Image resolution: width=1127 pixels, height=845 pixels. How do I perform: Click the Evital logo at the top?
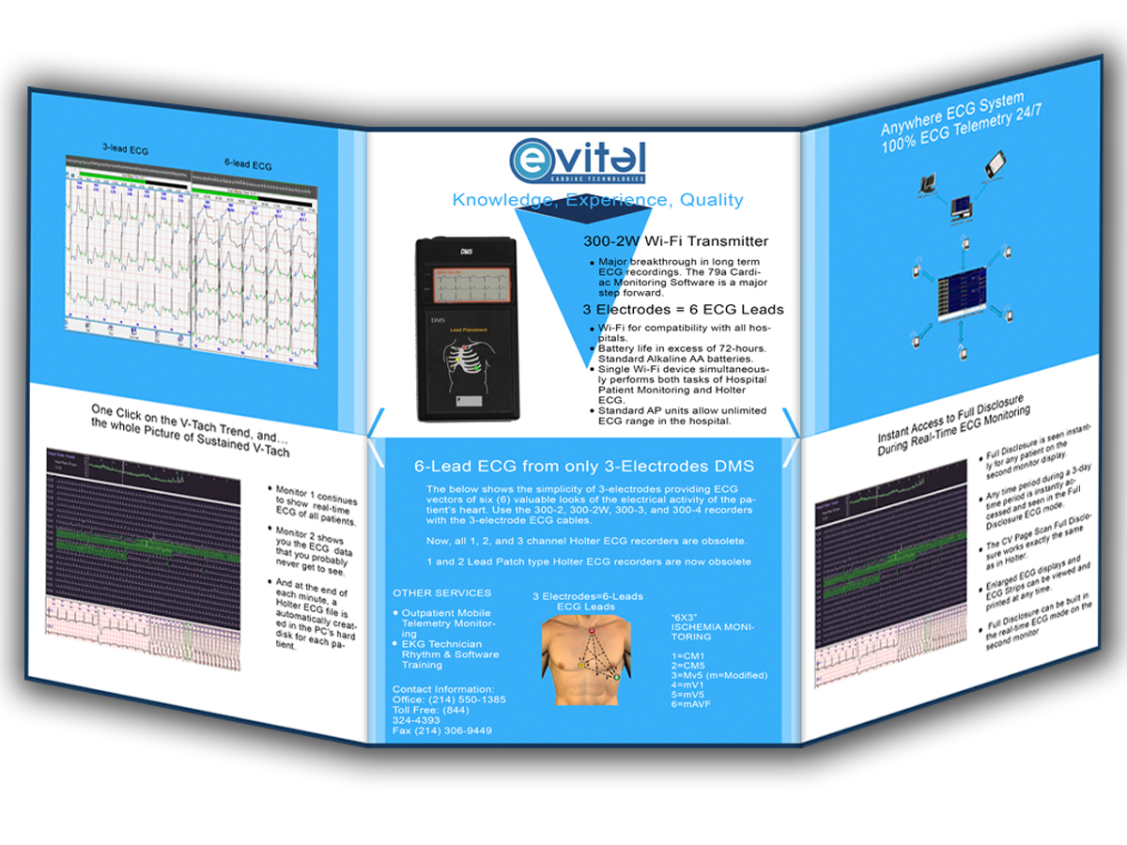point(578,161)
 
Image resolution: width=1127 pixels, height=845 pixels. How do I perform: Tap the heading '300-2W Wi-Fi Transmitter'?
point(675,241)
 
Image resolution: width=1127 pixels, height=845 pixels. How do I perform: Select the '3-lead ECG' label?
point(125,148)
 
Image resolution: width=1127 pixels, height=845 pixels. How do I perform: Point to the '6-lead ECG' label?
point(249,165)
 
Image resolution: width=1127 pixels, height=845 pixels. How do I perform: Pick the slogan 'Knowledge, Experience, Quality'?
point(597,200)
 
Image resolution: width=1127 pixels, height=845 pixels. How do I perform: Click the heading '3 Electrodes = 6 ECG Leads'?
point(684,309)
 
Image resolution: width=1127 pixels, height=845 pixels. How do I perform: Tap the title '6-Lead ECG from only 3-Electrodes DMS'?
point(584,466)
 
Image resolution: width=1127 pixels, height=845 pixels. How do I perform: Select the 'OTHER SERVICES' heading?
point(441,593)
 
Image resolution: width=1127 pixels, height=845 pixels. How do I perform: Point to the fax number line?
point(441,730)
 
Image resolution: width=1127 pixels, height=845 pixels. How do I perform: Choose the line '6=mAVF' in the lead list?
point(693,704)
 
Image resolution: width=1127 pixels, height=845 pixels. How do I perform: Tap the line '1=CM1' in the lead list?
point(688,655)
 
